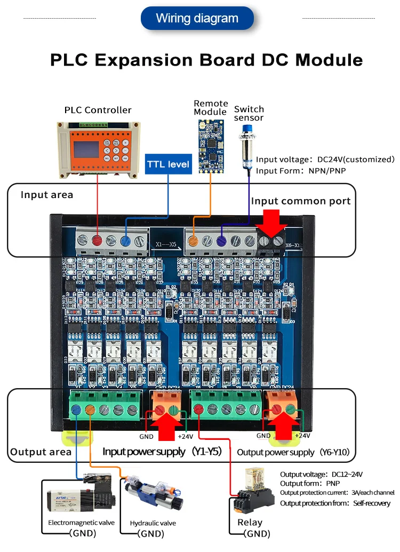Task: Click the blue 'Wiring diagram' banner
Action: [197, 18]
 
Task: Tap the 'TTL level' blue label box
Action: [169, 164]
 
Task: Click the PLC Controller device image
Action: [98, 149]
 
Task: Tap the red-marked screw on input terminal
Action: [98, 240]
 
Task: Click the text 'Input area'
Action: [47, 195]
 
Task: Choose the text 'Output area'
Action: [41, 452]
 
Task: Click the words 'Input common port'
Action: [301, 201]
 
